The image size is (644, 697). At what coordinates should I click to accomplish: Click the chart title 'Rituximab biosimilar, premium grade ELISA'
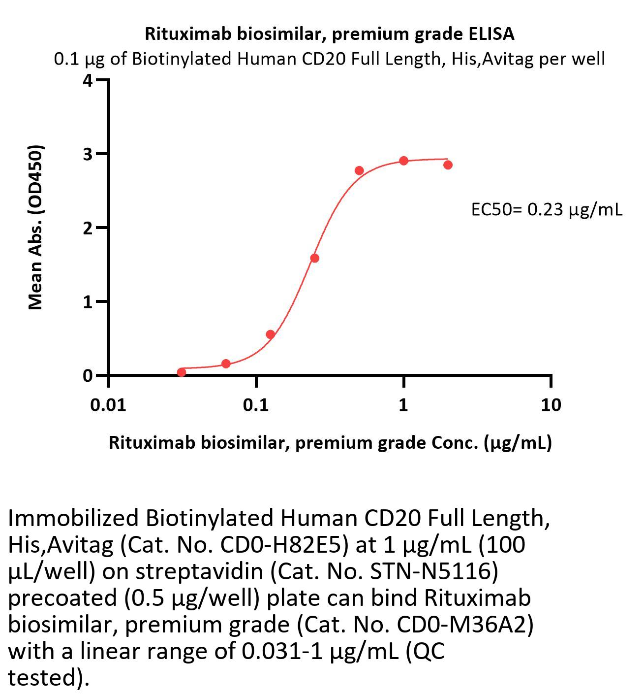[329, 34]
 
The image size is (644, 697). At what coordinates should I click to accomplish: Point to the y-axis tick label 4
[88, 80]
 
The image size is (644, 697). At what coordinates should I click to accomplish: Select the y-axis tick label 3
[88, 154]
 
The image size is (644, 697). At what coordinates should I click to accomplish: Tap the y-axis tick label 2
[88, 228]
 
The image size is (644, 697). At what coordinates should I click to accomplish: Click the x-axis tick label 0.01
[108, 405]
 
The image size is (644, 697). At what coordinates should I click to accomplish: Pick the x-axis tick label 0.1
[255, 405]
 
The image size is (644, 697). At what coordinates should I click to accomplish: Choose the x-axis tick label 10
[551, 405]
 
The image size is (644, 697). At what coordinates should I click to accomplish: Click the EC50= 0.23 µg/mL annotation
[546, 210]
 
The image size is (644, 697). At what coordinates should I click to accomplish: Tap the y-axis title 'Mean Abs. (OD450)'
[35, 227]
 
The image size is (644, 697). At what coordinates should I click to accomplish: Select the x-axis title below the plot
[330, 443]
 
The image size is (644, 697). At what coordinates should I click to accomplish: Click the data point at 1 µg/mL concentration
[403, 161]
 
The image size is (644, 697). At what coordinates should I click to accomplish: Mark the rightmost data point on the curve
[448, 165]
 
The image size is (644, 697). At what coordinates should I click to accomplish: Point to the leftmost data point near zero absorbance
[182, 372]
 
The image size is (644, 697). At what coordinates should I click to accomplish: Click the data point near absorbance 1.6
[315, 258]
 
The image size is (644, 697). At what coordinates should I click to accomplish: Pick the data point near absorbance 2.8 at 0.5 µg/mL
[359, 170]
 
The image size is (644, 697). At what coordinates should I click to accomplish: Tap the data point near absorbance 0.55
[270, 334]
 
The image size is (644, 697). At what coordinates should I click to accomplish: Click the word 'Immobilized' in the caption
[74, 518]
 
